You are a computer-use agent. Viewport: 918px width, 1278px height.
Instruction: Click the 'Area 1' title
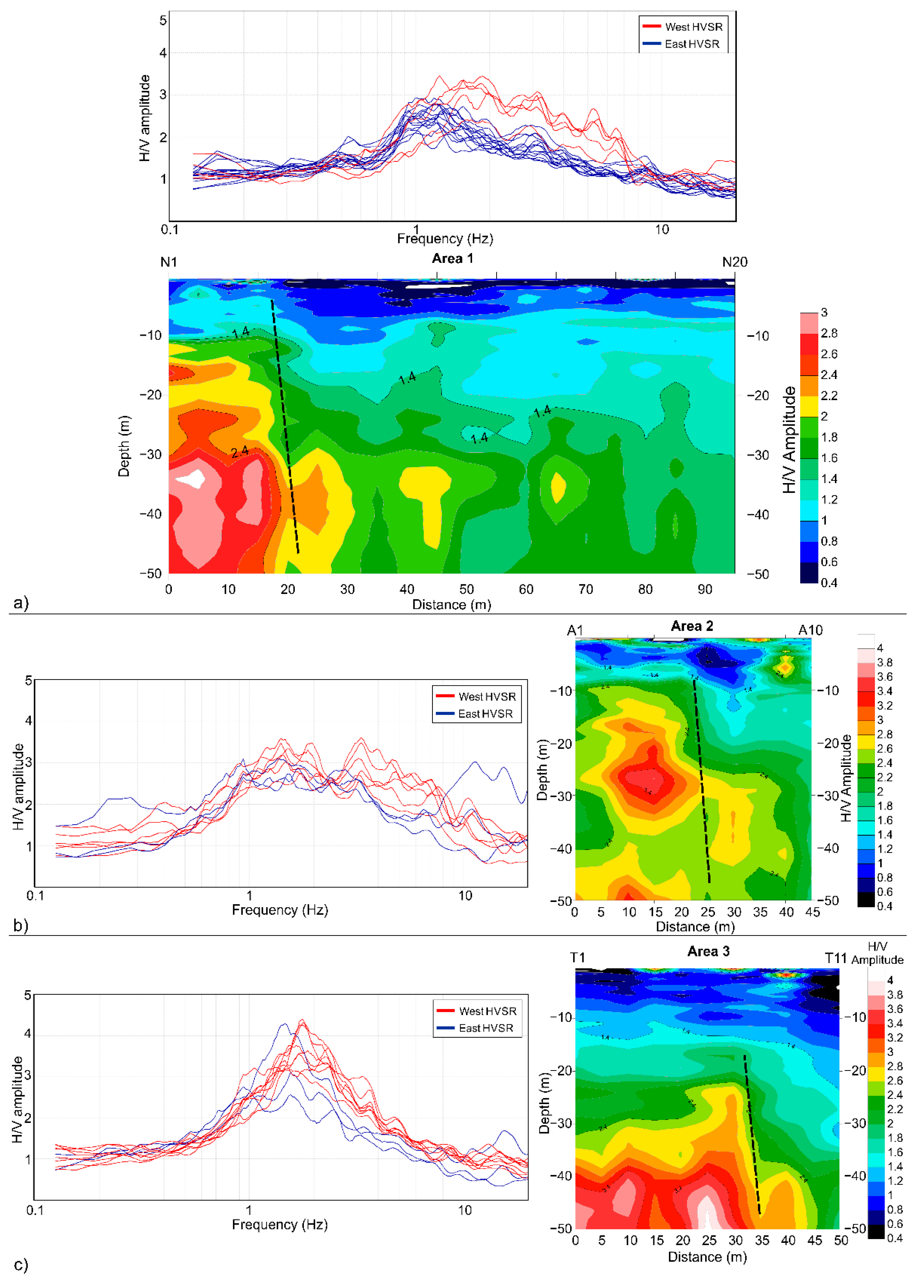pos(452,259)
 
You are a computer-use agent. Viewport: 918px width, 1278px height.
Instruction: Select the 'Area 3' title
pos(708,951)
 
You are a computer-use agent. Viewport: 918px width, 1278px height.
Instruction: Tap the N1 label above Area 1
pos(169,262)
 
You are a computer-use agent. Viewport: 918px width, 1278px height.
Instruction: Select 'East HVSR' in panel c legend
pos(485,1028)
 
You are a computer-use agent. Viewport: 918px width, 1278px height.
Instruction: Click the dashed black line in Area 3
pos(752,1133)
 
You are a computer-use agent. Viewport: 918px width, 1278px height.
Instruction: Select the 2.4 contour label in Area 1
pos(240,451)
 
